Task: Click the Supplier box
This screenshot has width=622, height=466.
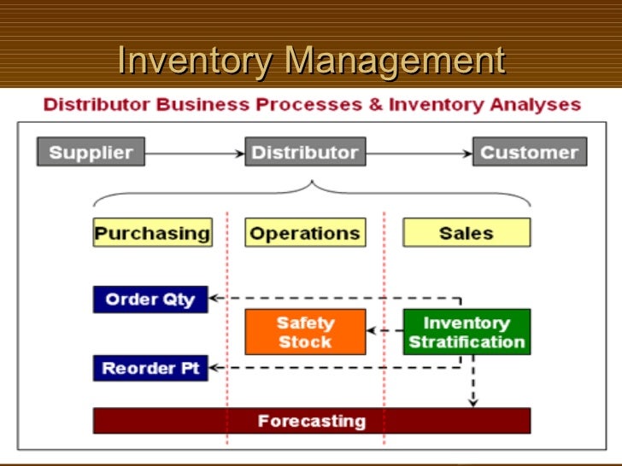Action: click(91, 153)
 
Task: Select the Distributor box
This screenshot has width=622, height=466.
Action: click(304, 153)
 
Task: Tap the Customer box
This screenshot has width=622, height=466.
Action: click(530, 153)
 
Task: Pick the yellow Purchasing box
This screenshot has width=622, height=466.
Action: click(152, 233)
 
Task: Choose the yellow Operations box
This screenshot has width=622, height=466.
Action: click(304, 233)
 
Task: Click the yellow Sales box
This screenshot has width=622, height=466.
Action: click(466, 233)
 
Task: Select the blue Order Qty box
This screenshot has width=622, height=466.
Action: click(150, 300)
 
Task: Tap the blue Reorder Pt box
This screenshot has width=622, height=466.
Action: click(150, 369)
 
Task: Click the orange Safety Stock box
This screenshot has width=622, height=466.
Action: click(305, 332)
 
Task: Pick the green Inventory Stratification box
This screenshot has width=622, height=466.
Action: click(466, 332)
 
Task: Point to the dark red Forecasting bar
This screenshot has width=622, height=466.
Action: click(311, 421)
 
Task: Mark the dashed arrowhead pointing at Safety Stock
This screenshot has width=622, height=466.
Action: click(372, 331)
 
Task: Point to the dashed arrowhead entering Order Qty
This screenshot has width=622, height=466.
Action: click(214, 299)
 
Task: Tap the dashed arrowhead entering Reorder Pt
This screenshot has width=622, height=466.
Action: click(214, 368)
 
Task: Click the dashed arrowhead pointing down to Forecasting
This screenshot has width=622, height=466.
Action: click(473, 401)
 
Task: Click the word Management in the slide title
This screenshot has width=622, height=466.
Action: click(395, 61)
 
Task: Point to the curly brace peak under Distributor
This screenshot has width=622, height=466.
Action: click(312, 183)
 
